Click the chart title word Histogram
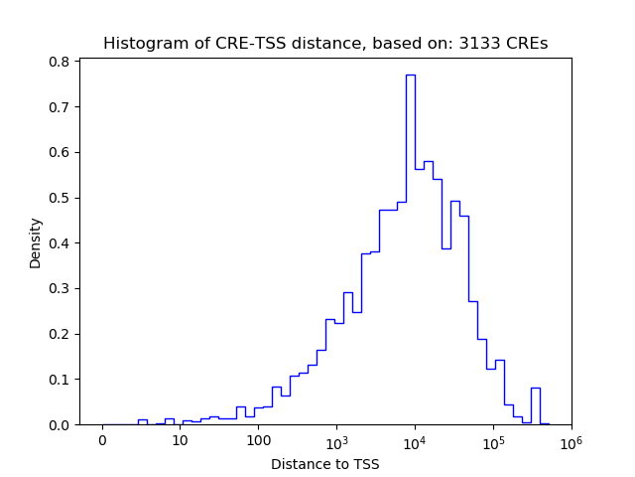(139, 44)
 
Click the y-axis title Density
(36, 242)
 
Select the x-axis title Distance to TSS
(324, 464)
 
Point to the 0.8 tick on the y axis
(60, 62)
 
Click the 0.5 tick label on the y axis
(60, 198)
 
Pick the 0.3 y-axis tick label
(60, 289)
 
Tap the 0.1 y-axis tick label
(60, 380)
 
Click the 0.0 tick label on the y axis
(60, 425)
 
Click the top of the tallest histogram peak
(410, 76)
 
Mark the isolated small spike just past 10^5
(536, 389)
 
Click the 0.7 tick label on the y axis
(60, 107)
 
